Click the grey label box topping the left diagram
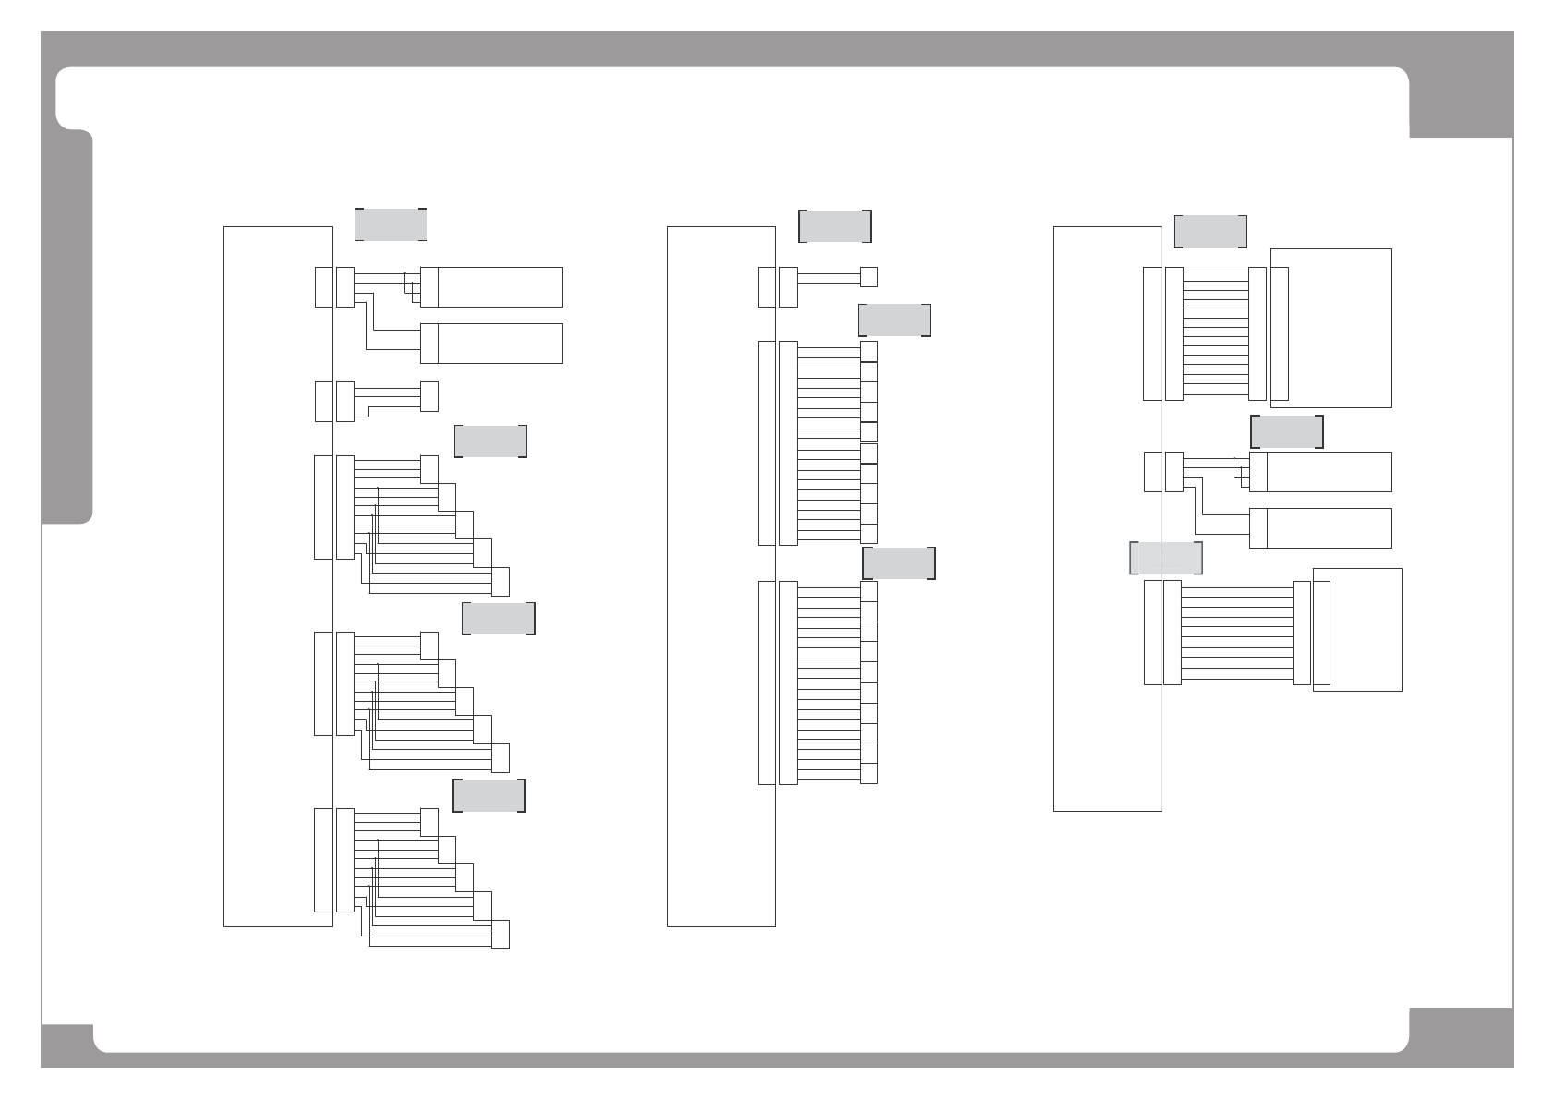pyautogui.click(x=391, y=224)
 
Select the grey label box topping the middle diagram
pyautogui.click(x=834, y=226)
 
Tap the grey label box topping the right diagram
pyautogui.click(x=1210, y=231)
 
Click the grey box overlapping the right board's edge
pyautogui.click(x=1166, y=558)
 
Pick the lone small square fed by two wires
pyautogui.click(x=868, y=276)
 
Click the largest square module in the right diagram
pyautogui.click(x=1331, y=328)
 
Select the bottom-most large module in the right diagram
pyautogui.click(x=1357, y=629)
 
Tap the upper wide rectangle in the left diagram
pyautogui.click(x=500, y=286)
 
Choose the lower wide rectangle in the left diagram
pyautogui.click(x=500, y=343)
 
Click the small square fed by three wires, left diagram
pyautogui.click(x=428, y=396)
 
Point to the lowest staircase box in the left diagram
pyautogui.click(x=500, y=935)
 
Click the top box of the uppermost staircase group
pyautogui.click(x=428, y=468)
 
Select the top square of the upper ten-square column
pyautogui.click(x=868, y=351)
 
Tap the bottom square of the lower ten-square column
pyautogui.click(x=868, y=773)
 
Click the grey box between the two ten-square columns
pyautogui.click(x=898, y=562)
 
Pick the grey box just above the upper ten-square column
pyautogui.click(x=893, y=320)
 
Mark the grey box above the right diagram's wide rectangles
pyautogui.click(x=1286, y=431)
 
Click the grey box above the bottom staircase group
pyautogui.click(x=488, y=795)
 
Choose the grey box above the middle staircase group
pyautogui.click(x=498, y=618)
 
